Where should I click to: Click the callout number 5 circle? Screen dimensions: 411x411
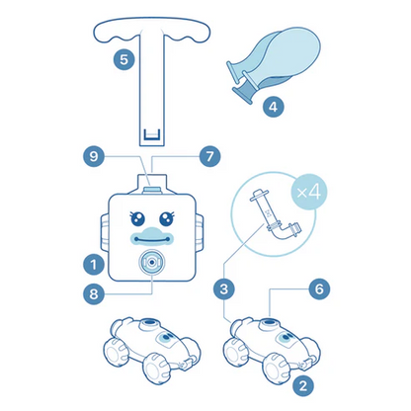[x=123, y=59]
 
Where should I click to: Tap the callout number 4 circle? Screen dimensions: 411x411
[x=274, y=106]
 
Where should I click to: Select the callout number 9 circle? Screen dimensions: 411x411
[x=94, y=156]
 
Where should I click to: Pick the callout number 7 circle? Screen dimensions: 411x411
[x=210, y=156]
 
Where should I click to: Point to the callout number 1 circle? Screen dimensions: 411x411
[x=94, y=264]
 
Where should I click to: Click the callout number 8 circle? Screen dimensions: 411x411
[x=94, y=293]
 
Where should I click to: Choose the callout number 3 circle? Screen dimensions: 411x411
[x=224, y=288]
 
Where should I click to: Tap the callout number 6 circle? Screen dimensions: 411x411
[x=319, y=288]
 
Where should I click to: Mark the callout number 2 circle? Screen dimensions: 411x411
[x=303, y=385]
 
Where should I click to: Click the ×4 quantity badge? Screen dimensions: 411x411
[x=308, y=192]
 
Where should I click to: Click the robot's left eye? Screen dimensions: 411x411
[x=137, y=218]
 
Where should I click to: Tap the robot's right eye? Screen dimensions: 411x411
[x=167, y=218]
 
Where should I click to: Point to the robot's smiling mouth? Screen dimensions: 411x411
[x=151, y=238]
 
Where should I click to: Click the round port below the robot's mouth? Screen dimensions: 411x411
[x=151, y=262]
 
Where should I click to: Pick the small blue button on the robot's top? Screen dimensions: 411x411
[x=152, y=189]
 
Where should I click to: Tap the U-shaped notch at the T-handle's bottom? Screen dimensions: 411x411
[x=152, y=134]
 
